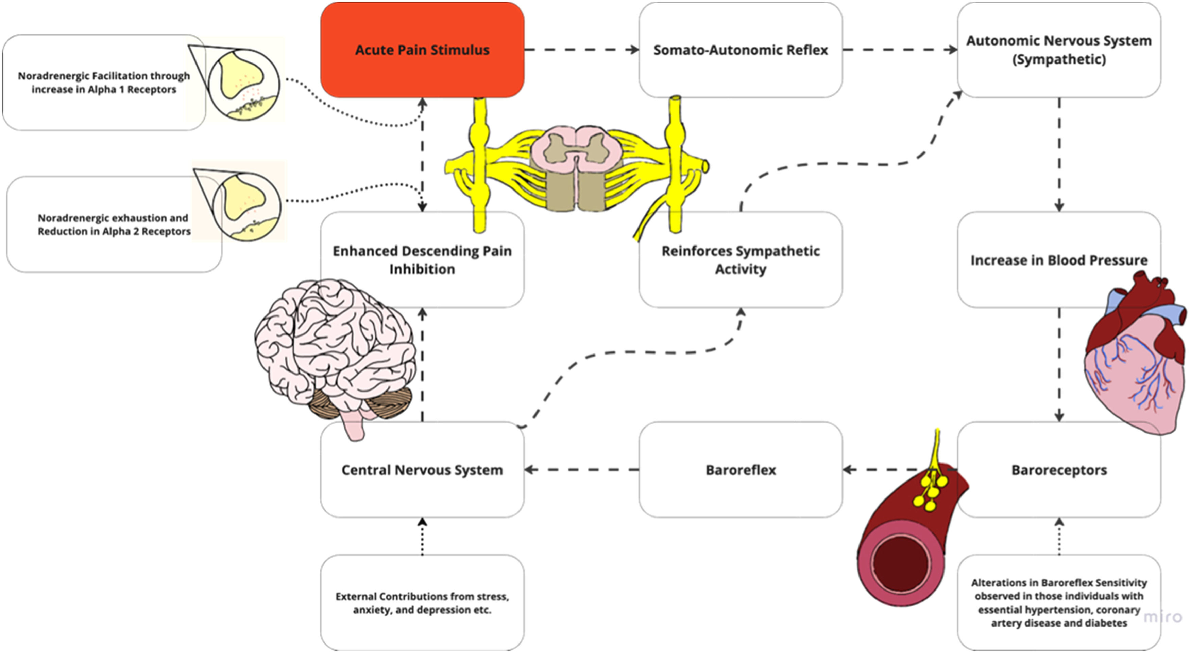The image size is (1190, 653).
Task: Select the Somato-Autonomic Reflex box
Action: click(x=740, y=50)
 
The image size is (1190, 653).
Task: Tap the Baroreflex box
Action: click(x=740, y=470)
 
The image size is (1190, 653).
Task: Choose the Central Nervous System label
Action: click(x=422, y=470)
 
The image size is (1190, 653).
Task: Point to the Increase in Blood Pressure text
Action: click(x=1058, y=260)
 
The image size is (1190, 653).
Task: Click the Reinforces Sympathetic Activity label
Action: click(x=740, y=260)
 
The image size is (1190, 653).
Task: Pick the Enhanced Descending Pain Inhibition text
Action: click(x=422, y=260)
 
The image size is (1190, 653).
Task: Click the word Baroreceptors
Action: click(x=1059, y=470)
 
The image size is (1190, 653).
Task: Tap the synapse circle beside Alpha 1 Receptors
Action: click(x=244, y=85)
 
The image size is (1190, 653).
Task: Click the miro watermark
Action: click(x=1162, y=617)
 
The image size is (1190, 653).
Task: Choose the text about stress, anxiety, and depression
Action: click(x=422, y=603)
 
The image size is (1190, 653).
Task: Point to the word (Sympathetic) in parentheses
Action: click(x=1059, y=59)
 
